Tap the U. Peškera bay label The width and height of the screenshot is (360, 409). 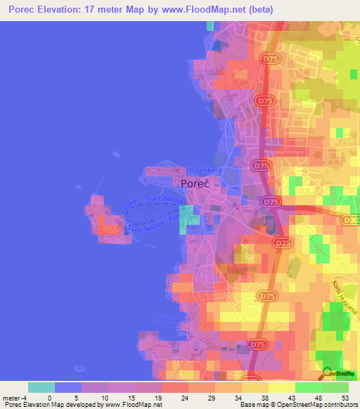204,170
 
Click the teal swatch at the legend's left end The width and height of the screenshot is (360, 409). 41,387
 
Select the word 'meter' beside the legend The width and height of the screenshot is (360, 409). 12,397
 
